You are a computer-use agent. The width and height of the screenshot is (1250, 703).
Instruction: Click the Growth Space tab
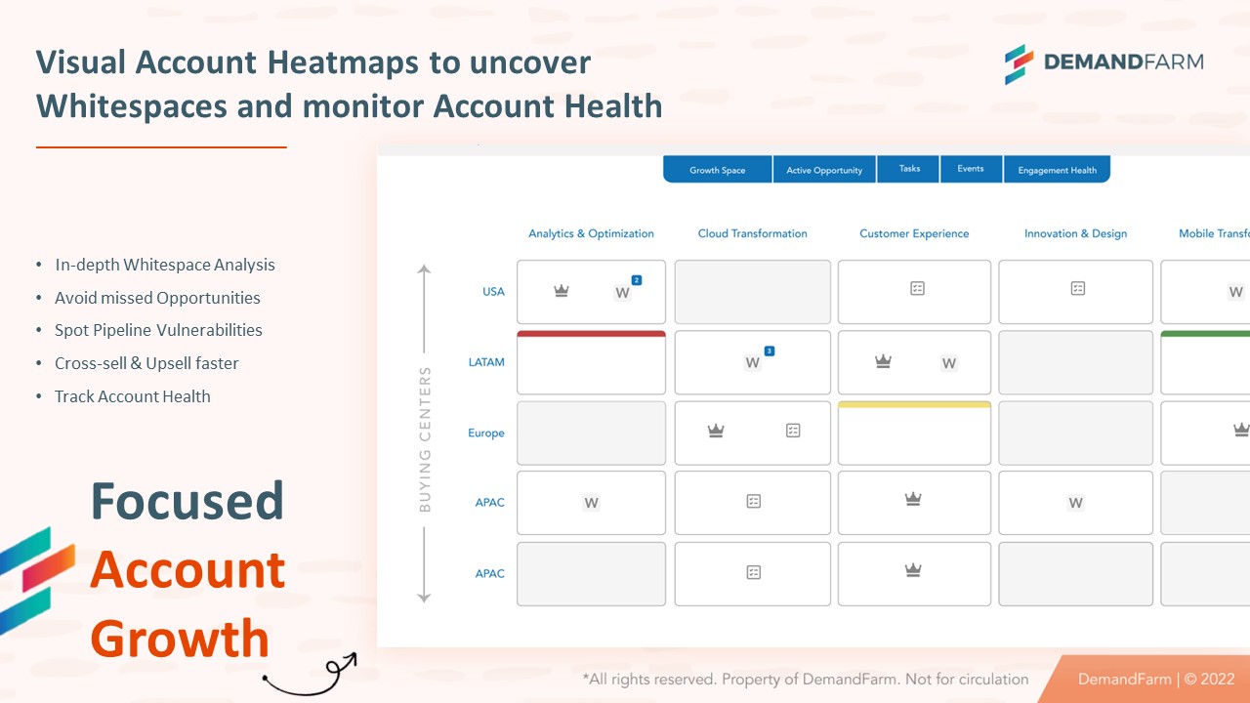click(x=717, y=170)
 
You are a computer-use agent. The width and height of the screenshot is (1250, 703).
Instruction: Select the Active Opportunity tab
click(x=824, y=170)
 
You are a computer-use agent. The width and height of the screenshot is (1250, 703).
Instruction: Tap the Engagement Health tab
click(x=1057, y=170)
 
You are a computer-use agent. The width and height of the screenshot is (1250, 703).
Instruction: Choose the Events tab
click(x=970, y=169)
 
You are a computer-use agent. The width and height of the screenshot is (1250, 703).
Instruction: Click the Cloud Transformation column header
click(x=752, y=233)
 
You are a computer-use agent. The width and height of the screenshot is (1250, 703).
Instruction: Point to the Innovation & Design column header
click(x=1075, y=233)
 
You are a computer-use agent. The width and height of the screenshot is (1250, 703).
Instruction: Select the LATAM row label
click(x=486, y=362)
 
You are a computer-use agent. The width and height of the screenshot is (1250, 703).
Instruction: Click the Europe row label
click(x=486, y=433)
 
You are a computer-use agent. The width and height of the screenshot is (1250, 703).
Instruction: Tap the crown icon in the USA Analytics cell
click(x=562, y=291)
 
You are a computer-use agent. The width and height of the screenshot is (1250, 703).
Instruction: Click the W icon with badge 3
click(x=753, y=362)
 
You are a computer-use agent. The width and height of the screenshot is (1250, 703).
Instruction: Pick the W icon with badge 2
click(x=623, y=292)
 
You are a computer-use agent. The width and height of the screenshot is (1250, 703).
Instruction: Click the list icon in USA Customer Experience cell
click(x=917, y=288)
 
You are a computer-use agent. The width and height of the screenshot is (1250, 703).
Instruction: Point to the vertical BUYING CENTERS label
click(x=425, y=439)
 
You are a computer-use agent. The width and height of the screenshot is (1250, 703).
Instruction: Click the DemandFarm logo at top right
click(x=1104, y=62)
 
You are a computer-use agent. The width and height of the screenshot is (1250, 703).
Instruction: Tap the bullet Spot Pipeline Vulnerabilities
click(x=158, y=330)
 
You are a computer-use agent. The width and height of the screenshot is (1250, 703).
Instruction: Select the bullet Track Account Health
click(x=133, y=396)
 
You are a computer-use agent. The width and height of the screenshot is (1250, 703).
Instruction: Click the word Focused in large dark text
click(x=187, y=500)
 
